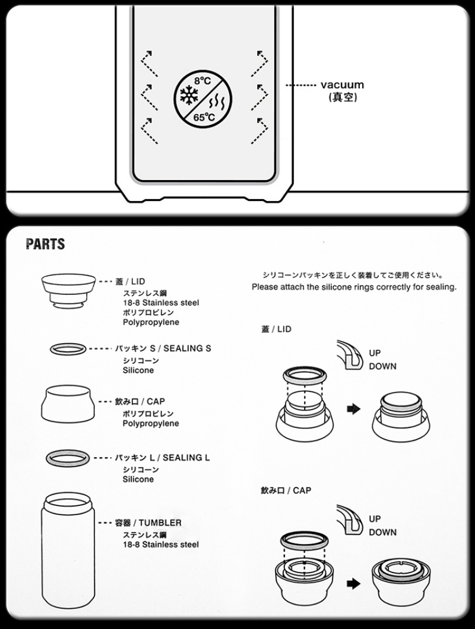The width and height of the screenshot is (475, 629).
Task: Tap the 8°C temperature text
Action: [x=202, y=81]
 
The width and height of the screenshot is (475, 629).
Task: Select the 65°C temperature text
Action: [x=204, y=118]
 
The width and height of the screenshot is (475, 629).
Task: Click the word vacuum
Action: [x=343, y=84]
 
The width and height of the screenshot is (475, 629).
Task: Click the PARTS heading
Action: [x=45, y=244]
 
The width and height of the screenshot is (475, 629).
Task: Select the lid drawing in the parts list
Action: [x=68, y=291]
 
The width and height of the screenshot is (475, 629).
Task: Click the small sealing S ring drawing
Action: [x=68, y=348]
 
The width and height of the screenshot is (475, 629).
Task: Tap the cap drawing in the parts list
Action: [x=68, y=404]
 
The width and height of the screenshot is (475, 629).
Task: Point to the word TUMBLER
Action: [x=160, y=523]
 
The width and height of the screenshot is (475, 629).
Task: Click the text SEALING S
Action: [x=187, y=348]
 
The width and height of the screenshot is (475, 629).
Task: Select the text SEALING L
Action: [x=186, y=457]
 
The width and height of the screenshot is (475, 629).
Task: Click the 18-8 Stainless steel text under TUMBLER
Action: [x=160, y=545]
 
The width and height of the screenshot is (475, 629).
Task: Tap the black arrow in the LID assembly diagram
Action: [x=353, y=409]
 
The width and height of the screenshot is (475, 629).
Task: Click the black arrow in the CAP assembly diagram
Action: [x=353, y=583]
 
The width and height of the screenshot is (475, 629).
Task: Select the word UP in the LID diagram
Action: [x=375, y=353]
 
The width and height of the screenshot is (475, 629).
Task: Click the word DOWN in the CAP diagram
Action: [x=382, y=532]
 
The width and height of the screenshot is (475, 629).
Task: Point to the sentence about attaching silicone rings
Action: [x=354, y=287]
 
